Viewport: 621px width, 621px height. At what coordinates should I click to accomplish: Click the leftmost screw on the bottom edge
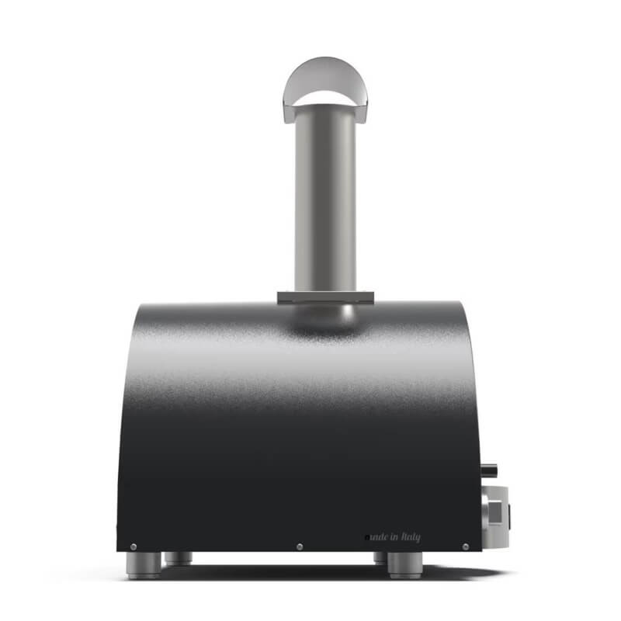pyautogui.click(x=134, y=546)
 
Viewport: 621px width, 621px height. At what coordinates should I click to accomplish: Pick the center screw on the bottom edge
pyautogui.click(x=300, y=547)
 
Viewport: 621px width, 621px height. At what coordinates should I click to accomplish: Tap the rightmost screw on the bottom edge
pyautogui.click(x=465, y=546)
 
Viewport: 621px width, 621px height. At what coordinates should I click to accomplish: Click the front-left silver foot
pyautogui.click(x=144, y=565)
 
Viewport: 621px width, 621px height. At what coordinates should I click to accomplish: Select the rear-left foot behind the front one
pyautogui.click(x=178, y=557)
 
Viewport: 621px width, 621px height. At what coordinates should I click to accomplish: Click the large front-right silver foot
pyautogui.click(x=404, y=565)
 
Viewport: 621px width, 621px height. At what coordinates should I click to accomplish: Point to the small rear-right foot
pyautogui.click(x=380, y=558)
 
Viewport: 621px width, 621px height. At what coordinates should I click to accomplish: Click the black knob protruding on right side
pyautogui.click(x=488, y=470)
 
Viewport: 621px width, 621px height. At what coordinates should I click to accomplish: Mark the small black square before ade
pyautogui.click(x=367, y=537)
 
